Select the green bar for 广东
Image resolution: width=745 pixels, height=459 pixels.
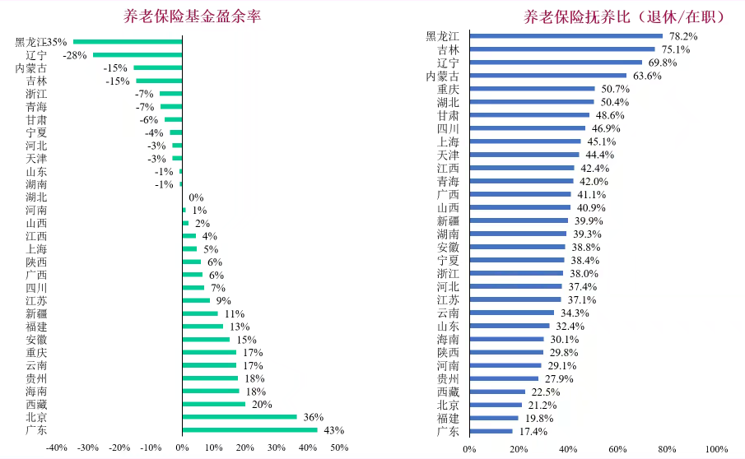[249, 430]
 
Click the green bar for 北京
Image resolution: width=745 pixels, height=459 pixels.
[239, 417]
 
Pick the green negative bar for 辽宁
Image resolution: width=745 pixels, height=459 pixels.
[137, 54]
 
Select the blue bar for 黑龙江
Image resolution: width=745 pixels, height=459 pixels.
[566, 36]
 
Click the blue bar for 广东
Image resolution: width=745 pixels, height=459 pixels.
[491, 431]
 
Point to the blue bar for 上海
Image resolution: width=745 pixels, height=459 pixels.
[524, 141]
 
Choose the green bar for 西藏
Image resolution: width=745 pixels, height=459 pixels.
[213, 404]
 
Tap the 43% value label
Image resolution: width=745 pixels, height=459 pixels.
[333, 430]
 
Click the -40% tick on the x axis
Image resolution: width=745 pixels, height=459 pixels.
[56, 448]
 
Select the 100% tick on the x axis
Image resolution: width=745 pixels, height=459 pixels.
[716, 449]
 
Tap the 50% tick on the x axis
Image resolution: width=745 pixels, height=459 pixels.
[339, 448]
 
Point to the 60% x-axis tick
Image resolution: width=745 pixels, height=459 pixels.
[617, 449]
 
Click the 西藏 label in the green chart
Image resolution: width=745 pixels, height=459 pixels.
[36, 405]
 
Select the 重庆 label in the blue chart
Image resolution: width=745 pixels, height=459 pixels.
[448, 89]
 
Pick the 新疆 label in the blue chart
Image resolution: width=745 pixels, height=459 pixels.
[448, 220]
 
